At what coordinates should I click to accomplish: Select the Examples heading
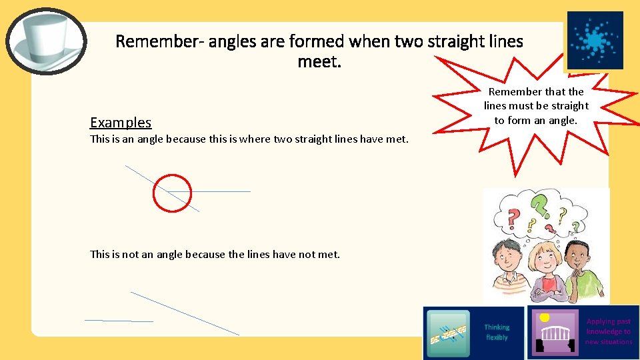tap(121, 123)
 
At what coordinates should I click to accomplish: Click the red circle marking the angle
tap(172, 193)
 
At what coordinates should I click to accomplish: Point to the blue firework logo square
tap(595, 40)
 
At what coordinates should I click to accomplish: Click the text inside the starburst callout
tap(536, 106)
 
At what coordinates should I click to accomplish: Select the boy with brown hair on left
tap(507, 263)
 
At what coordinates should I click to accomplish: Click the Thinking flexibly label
tap(496, 332)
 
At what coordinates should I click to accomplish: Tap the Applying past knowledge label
tap(608, 331)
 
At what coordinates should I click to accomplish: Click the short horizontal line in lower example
tap(119, 321)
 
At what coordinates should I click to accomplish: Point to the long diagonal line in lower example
tap(185, 313)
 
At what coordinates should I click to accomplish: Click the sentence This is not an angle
tap(215, 254)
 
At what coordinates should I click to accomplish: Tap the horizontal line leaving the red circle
tap(220, 192)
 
